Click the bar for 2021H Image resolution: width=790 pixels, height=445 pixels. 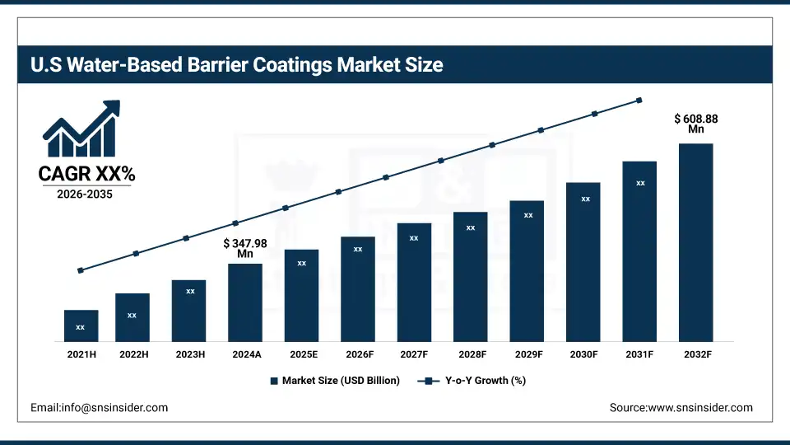point(81,326)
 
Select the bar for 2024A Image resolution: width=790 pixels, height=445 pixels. point(245,302)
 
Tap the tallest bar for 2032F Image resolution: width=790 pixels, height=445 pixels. point(695,242)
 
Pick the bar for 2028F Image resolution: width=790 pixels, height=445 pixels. point(471,277)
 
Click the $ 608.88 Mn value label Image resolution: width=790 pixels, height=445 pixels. point(696,124)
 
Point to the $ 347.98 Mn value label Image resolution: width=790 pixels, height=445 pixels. point(245,249)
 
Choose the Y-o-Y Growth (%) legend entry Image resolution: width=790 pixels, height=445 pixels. point(472,381)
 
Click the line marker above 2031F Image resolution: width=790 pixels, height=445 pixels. point(639,101)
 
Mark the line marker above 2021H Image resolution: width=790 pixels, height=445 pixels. point(81,270)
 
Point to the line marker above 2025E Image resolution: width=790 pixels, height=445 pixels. point(286,208)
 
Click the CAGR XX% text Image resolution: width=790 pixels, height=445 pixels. point(86,174)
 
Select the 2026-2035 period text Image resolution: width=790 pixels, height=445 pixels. point(86,194)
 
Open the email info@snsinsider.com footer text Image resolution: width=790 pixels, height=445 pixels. point(99,407)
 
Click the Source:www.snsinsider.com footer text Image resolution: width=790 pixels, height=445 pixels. point(681,407)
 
